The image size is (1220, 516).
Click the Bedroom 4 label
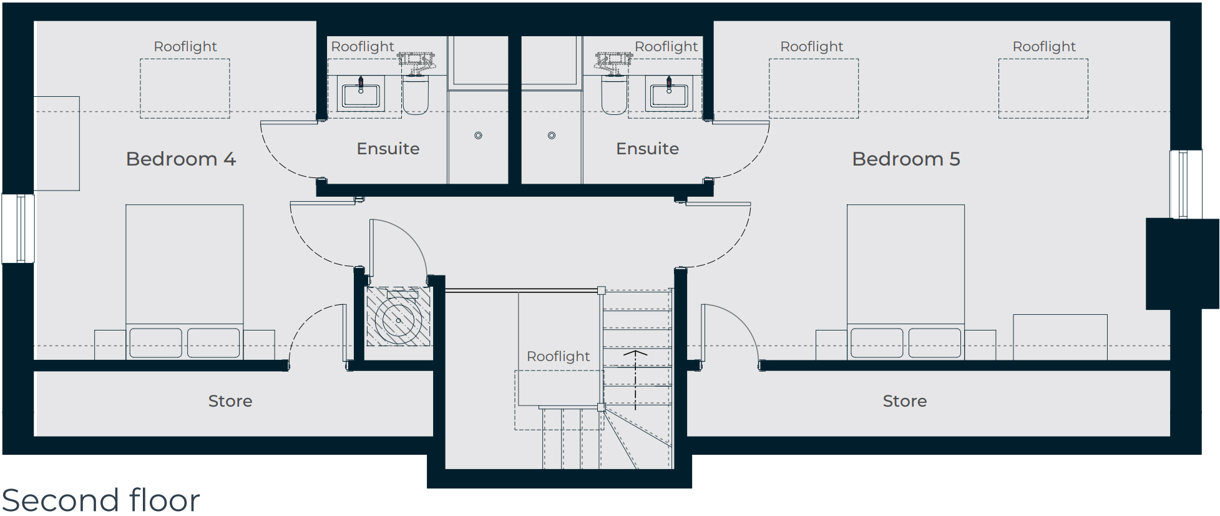[181, 159]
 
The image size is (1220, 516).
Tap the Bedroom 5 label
[906, 159]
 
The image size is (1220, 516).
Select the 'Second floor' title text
[100, 500]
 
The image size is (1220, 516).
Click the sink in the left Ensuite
[361, 94]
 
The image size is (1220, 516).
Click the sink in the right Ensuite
[669, 94]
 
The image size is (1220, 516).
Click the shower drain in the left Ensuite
[478, 136]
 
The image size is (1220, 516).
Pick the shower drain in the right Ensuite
[552, 136]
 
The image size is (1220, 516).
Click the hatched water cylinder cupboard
[398, 317]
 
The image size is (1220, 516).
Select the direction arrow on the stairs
[635, 380]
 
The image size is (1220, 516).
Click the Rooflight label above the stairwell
[558, 356]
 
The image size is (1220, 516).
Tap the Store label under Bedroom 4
[230, 401]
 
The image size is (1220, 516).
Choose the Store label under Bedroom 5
[905, 401]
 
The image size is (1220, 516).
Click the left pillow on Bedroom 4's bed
[156, 343]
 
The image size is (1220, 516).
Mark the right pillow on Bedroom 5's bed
[935, 343]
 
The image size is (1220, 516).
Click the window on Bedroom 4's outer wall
[18, 229]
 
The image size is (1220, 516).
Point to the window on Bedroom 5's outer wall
[1186, 184]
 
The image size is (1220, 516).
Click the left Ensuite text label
[388, 149]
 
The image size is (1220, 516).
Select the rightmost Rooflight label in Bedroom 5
[1044, 47]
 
